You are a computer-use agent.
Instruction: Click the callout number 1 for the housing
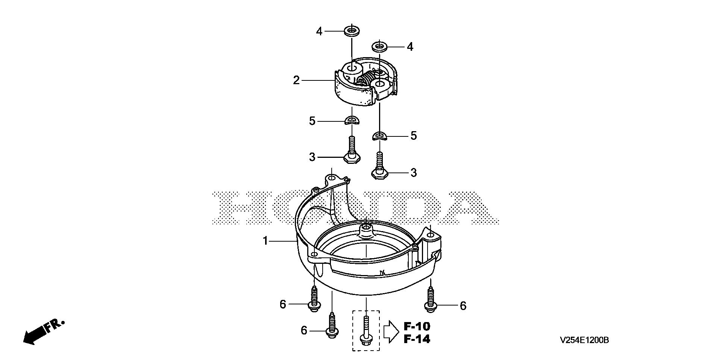point(265,241)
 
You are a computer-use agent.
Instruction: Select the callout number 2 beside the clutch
point(297,80)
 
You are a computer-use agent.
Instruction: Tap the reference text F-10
point(417,326)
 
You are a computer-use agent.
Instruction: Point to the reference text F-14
point(417,339)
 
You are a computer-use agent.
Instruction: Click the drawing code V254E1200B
point(584,340)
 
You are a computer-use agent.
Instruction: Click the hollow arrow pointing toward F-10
point(391,332)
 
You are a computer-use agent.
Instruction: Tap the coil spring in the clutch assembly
point(364,80)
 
